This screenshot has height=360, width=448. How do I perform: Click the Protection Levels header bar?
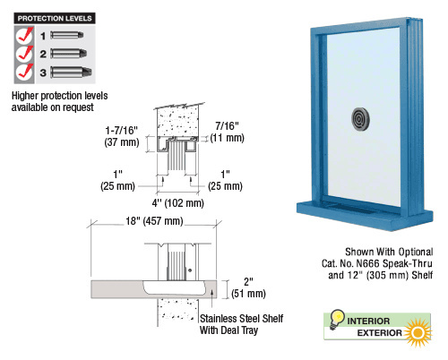click(x=55, y=18)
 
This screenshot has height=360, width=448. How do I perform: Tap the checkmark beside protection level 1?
click(x=24, y=35)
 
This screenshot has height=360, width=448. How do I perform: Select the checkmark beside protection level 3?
click(x=24, y=73)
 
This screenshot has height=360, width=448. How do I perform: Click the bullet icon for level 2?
click(x=69, y=54)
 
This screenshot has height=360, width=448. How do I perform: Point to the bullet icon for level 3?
click(x=71, y=73)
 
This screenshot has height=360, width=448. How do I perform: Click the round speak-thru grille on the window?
click(x=360, y=119)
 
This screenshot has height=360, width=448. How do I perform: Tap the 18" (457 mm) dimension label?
click(x=154, y=221)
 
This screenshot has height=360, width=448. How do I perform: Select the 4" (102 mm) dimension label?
click(x=178, y=203)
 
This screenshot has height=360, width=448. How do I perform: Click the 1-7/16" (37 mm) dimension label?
click(x=122, y=136)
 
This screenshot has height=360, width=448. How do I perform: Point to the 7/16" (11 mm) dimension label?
click(x=227, y=132)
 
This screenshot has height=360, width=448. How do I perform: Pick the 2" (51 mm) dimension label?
click(x=248, y=287)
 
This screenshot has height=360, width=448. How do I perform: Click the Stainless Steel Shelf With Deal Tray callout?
click(x=241, y=324)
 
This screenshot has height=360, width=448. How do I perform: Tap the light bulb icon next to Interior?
click(x=337, y=319)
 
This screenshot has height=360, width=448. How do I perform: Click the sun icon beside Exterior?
click(x=418, y=332)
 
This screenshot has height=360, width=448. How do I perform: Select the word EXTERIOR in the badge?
click(x=380, y=333)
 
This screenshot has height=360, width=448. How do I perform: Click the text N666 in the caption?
click(x=368, y=263)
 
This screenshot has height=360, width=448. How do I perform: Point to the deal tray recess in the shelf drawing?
click(x=175, y=287)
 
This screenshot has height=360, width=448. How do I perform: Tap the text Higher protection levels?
click(x=60, y=96)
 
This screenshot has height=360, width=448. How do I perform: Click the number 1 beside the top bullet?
click(x=43, y=36)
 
